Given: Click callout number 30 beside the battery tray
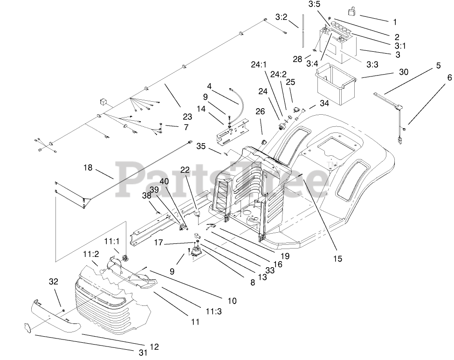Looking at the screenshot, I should (x=404, y=72).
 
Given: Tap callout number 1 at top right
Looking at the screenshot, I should (x=395, y=21).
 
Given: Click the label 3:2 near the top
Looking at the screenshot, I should (x=281, y=17).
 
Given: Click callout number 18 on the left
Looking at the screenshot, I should (x=88, y=167).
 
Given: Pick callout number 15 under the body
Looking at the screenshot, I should (x=337, y=258).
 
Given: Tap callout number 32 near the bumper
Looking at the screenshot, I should (x=54, y=281).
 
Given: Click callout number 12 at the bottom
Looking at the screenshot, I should (x=155, y=346).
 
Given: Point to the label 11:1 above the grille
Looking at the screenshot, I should (x=111, y=242).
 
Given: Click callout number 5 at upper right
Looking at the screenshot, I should (x=438, y=66).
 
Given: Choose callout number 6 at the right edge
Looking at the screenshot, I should (x=449, y=78).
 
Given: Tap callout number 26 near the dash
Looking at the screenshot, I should (x=260, y=111).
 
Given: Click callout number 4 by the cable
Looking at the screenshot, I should (x=209, y=86).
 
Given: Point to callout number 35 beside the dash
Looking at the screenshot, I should (x=201, y=145).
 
